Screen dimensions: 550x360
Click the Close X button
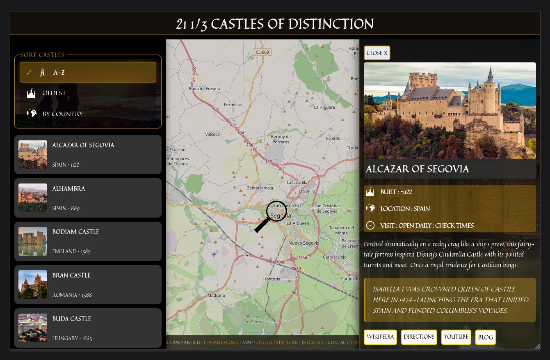click(x=377, y=53)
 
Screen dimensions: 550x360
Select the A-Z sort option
click(x=88, y=72)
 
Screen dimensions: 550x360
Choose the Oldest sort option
click(x=88, y=93)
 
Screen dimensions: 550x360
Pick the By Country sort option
click(x=88, y=114)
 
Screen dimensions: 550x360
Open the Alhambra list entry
click(x=88, y=198)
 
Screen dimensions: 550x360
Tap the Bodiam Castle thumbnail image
click(x=33, y=241)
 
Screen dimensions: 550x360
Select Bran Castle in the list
click(x=88, y=284)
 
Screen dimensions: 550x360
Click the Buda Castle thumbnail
click(x=33, y=328)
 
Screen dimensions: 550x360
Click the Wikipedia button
click(x=380, y=337)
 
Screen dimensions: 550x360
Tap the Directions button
click(x=419, y=337)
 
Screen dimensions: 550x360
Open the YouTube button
click(x=456, y=337)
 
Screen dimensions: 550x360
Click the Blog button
click(x=485, y=337)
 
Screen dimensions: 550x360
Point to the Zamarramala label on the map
click(x=260, y=188)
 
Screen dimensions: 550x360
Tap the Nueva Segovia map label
click(x=304, y=243)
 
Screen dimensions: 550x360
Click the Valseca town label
click(x=212, y=134)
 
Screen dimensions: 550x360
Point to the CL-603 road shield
click(x=262, y=52)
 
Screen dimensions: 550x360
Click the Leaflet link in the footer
click(x=315, y=342)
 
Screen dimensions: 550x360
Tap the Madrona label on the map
click(x=217, y=295)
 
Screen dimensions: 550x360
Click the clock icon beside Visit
click(x=370, y=225)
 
